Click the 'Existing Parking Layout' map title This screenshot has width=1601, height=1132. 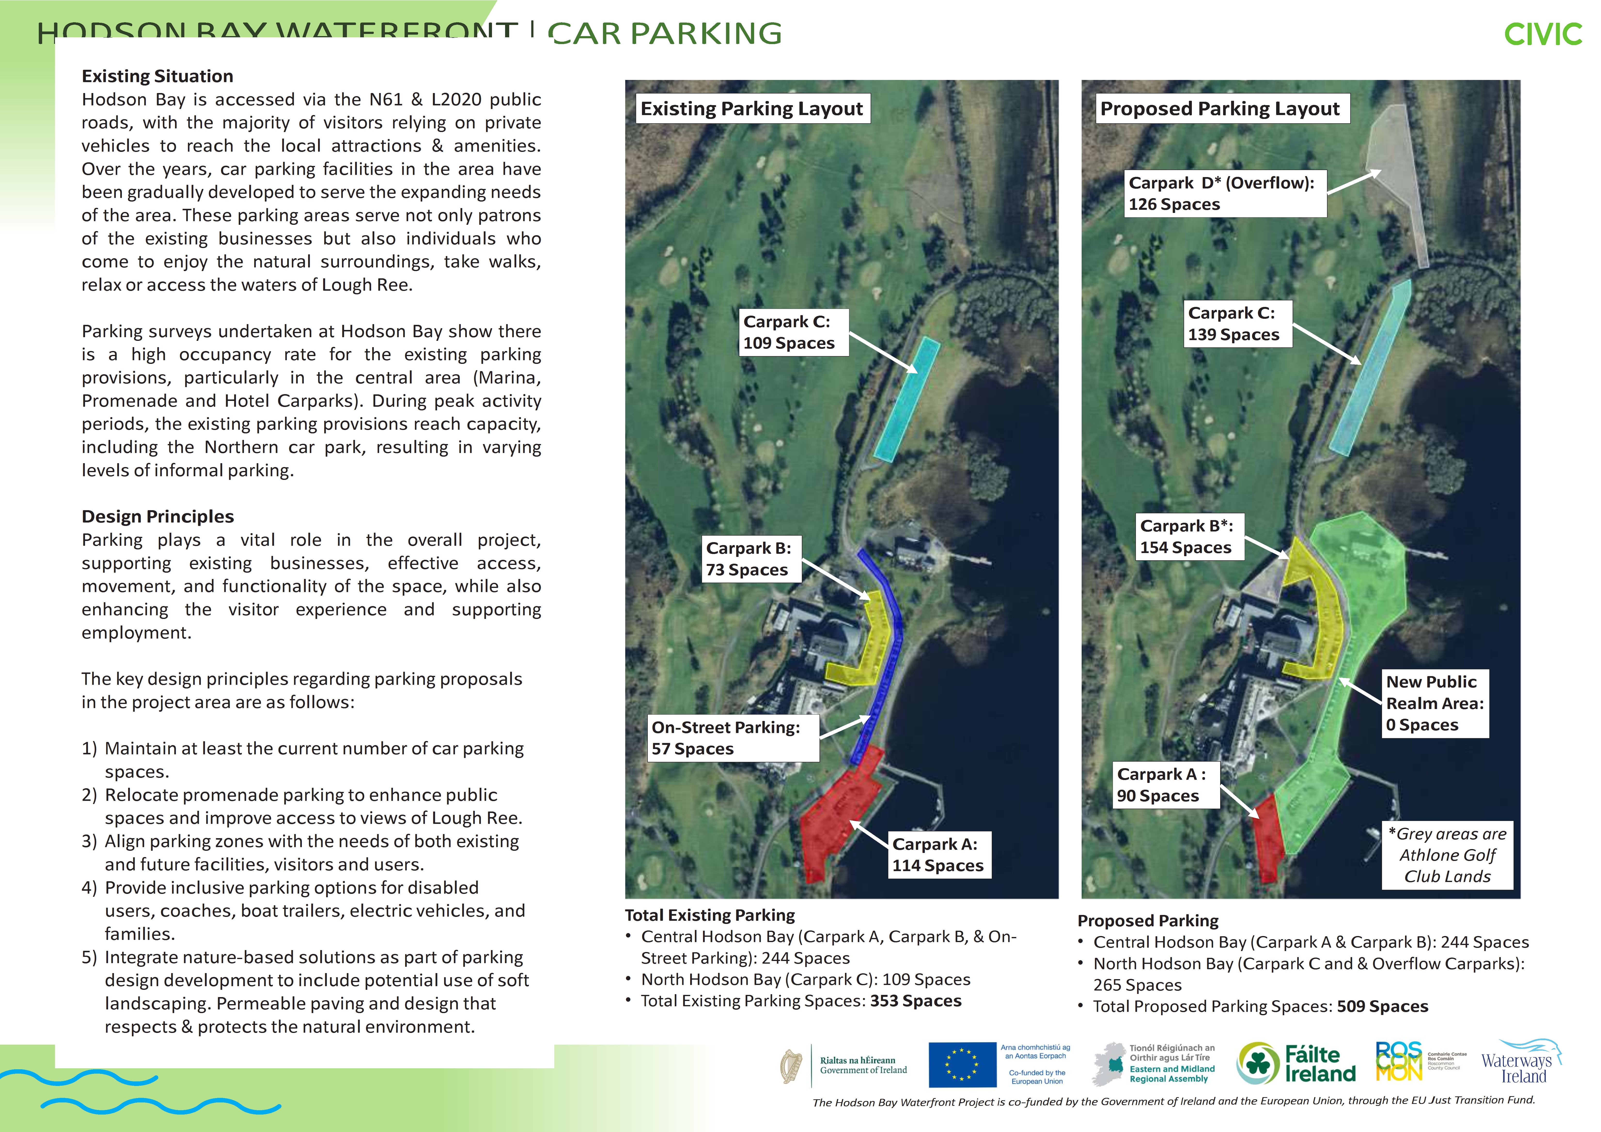point(752,109)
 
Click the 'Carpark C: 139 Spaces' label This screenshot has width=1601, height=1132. point(1236,324)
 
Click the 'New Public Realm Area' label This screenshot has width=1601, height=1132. point(1435,703)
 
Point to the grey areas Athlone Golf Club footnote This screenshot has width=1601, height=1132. point(1448,855)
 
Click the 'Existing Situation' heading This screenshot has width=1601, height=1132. point(158,76)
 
